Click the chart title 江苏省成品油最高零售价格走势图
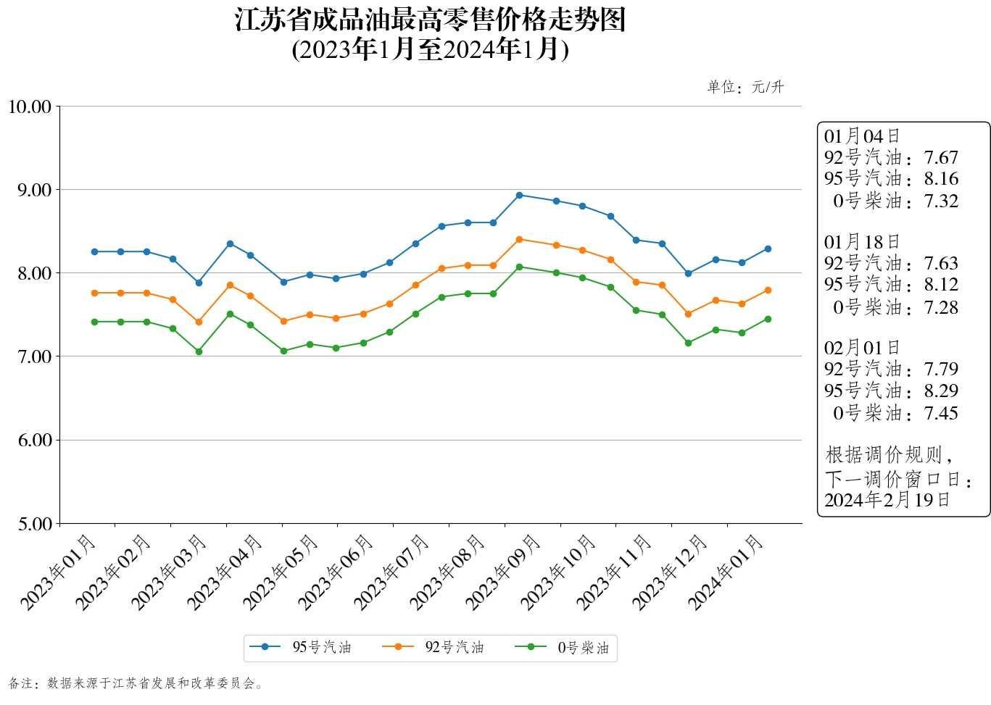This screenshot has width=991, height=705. click(x=430, y=20)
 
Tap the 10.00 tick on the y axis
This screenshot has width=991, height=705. click(x=30, y=107)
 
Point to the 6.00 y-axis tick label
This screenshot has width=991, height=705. click(x=33, y=441)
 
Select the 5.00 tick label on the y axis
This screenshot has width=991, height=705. click(x=33, y=524)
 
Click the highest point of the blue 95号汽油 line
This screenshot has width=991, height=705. click(x=519, y=195)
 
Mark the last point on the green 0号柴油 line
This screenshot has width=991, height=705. click(x=768, y=319)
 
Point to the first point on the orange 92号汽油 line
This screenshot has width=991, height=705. click(x=94, y=293)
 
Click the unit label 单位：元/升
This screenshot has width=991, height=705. click(x=745, y=88)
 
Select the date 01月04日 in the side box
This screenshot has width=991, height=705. click(x=862, y=136)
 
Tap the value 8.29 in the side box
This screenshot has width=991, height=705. click(x=941, y=391)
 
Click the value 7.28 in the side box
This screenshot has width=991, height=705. click(x=941, y=307)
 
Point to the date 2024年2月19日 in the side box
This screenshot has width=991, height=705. click(x=887, y=500)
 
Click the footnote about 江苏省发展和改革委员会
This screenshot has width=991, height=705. click(x=136, y=683)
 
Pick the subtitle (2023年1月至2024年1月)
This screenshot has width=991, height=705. click(x=430, y=49)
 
